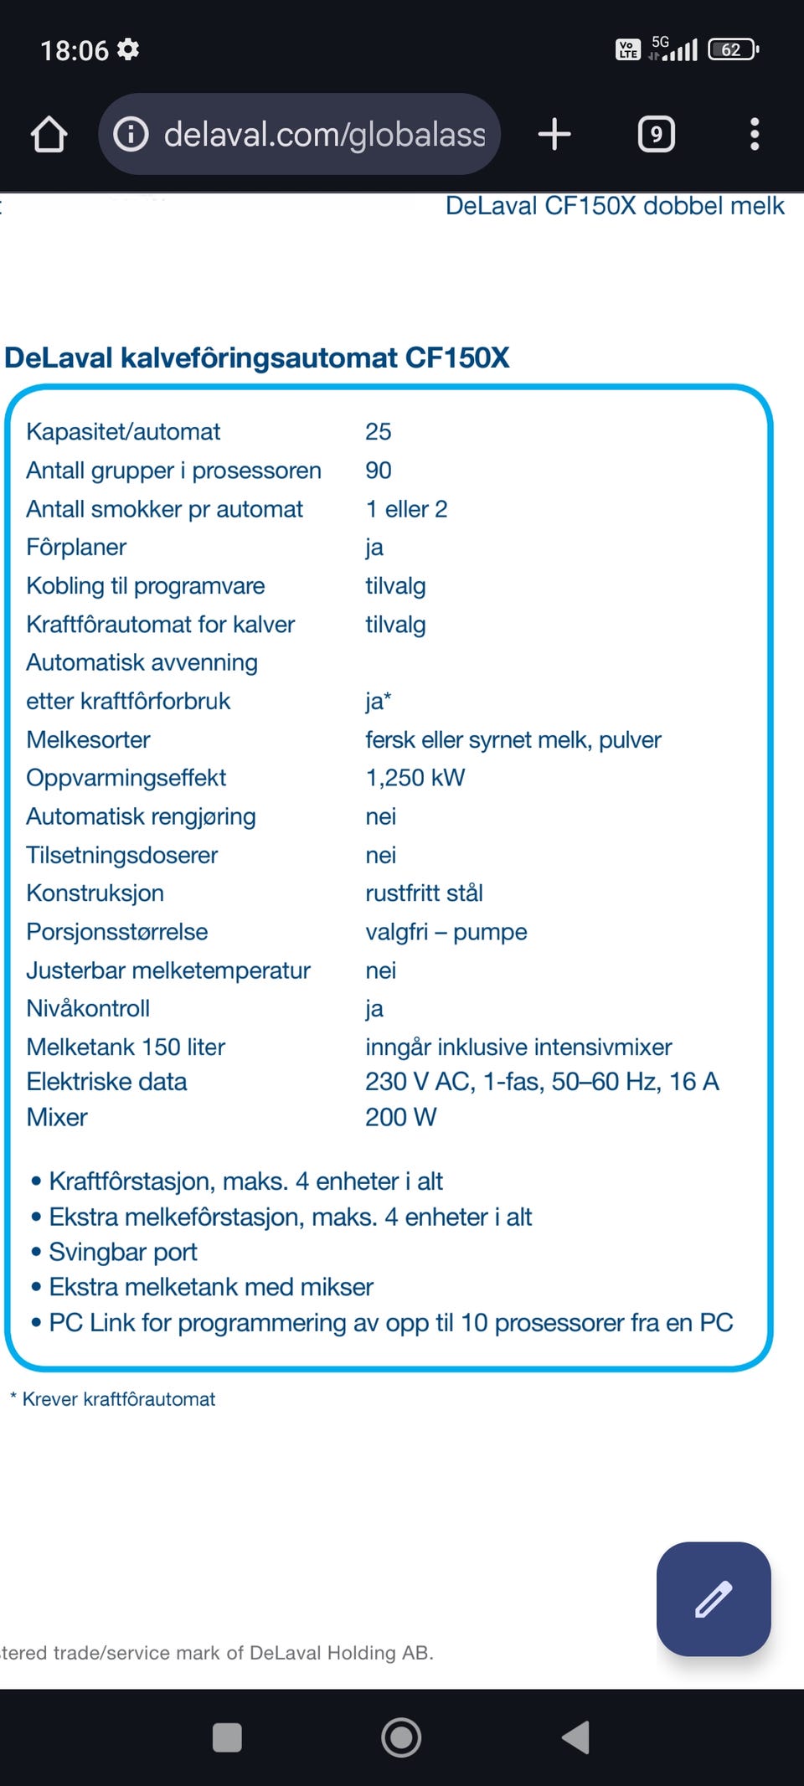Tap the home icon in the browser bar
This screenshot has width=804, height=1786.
(x=49, y=135)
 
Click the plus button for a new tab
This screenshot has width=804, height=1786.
(x=554, y=134)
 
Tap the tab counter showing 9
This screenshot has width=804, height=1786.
(x=657, y=134)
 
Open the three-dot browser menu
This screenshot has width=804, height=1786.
(x=755, y=134)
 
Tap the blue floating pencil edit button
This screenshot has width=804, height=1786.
(x=714, y=1598)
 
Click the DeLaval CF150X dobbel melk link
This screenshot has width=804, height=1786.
(x=615, y=206)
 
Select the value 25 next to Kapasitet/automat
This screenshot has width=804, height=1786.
(x=379, y=432)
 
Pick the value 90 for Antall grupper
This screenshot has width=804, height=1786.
(x=379, y=471)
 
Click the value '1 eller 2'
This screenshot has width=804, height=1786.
(x=406, y=509)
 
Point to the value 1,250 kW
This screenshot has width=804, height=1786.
(x=415, y=778)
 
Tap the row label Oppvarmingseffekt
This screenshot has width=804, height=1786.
(x=126, y=778)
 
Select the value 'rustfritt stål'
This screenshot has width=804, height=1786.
(x=424, y=893)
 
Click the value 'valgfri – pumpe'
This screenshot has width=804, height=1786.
(x=446, y=932)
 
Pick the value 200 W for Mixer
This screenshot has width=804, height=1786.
(x=400, y=1117)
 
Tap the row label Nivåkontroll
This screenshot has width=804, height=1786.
(x=88, y=1009)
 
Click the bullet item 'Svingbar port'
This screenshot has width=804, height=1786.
(x=123, y=1253)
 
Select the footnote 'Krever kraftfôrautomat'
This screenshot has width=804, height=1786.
(x=118, y=1399)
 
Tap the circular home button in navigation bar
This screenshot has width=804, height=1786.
(x=401, y=1737)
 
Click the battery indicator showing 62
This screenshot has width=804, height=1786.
(x=733, y=49)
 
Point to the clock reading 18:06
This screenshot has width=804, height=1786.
(x=75, y=50)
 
